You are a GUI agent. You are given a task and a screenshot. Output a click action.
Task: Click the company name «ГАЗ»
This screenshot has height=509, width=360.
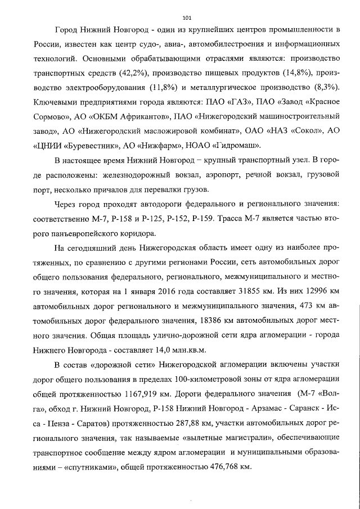click(232, 103)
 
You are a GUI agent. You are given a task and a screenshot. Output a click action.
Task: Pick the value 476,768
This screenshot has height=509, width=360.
click(229, 467)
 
